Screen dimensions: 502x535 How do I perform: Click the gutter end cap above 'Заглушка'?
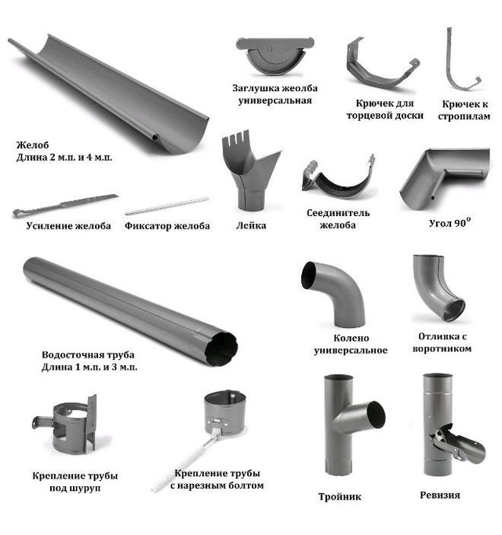(x=275, y=54)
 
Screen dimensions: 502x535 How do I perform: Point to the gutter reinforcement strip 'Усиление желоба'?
(x=64, y=205)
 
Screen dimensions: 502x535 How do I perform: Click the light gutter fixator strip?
(x=167, y=206)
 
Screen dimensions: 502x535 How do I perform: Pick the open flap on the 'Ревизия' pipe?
(x=460, y=445)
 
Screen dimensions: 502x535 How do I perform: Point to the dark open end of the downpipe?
(x=222, y=348)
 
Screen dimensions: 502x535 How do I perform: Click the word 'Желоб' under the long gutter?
(x=33, y=145)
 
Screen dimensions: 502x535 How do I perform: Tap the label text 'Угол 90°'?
(x=450, y=223)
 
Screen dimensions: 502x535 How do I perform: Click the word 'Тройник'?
(x=340, y=497)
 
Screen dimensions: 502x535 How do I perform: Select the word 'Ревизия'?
(x=440, y=495)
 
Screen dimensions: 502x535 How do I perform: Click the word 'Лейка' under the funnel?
(x=251, y=225)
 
